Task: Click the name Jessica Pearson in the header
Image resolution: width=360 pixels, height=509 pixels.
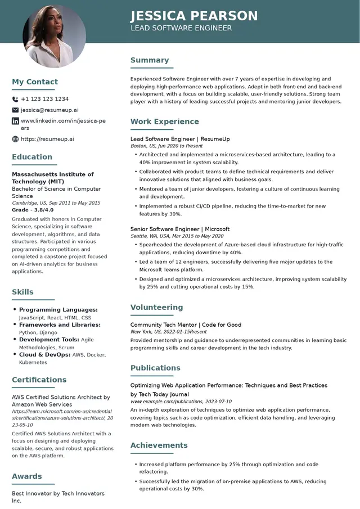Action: coord(194,15)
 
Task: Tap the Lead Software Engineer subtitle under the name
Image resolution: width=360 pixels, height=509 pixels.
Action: coord(181,28)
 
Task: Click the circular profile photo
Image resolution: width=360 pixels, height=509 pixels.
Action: coord(54,36)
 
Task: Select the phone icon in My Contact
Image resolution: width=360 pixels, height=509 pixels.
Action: coord(15,99)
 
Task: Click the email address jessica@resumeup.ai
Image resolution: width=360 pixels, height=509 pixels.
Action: coord(49,110)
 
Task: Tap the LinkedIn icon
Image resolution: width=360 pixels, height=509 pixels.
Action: coord(15,121)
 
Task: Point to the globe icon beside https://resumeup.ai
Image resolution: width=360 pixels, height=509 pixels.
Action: coord(15,139)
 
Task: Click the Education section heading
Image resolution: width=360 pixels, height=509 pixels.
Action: coord(32,157)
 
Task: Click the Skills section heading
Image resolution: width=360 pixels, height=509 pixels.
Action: coord(22,292)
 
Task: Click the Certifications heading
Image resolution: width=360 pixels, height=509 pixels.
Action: coord(39,380)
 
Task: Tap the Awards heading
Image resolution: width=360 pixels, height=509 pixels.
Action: coord(27,476)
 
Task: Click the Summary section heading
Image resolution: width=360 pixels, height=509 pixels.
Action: coord(150,60)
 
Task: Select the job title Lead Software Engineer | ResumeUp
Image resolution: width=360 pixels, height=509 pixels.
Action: coord(180,139)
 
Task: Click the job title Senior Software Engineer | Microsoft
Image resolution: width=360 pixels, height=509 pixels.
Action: coord(180,229)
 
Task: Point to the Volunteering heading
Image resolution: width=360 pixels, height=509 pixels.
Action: coord(157,308)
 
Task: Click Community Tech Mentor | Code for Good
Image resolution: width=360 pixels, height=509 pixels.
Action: coord(186,325)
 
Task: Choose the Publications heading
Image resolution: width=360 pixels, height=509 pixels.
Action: coord(155,368)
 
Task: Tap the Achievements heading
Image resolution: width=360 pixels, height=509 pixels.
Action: coord(159,445)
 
